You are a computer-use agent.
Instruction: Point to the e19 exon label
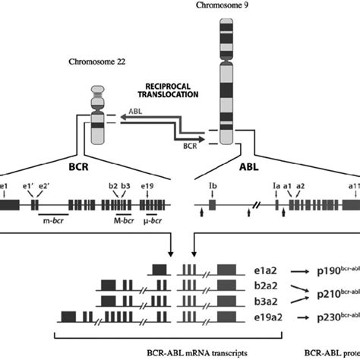tap(148, 185)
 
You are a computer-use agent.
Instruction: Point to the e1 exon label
tap(5, 185)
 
